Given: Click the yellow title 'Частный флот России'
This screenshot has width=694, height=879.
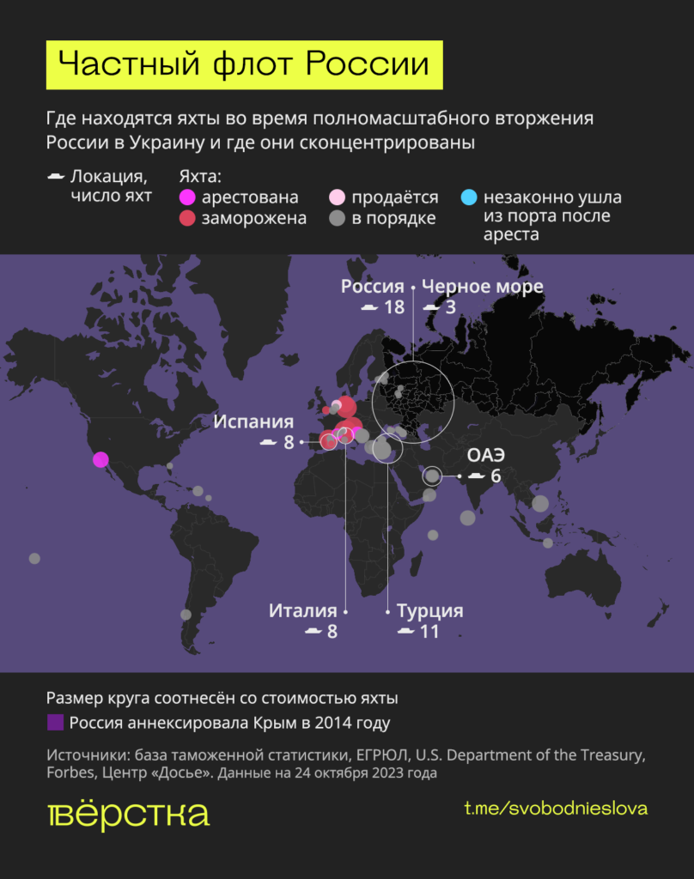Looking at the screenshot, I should point(244,65).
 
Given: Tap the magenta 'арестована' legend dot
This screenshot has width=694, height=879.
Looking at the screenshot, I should point(187,198).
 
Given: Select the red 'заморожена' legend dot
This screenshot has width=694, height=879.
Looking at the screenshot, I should point(187,218).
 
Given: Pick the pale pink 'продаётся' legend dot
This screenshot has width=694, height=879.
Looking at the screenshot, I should point(338,198).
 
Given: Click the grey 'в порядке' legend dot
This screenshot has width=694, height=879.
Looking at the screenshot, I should point(338,218).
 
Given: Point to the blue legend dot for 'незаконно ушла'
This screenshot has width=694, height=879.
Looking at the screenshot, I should point(468,198).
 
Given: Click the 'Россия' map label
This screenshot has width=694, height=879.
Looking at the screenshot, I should point(372,287).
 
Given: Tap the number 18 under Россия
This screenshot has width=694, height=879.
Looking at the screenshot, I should point(394,306).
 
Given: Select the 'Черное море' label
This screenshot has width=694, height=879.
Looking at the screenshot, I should point(483,287).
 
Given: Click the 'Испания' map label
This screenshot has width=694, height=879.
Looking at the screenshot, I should point(253,422).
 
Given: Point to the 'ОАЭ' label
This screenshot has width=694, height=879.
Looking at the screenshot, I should point(484,455).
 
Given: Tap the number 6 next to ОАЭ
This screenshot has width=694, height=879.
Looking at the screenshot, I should point(496,475).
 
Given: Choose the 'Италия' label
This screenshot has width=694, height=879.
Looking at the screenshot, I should point(302,611).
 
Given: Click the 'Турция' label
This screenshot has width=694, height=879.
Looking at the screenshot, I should point(430,611).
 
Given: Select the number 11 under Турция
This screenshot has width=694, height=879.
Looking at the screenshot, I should point(429,632).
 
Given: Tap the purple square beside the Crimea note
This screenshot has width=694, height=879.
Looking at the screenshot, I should point(55,723).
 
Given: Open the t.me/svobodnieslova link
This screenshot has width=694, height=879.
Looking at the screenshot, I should point(556,809).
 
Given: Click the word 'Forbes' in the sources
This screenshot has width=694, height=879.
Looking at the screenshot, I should point(71,773).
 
